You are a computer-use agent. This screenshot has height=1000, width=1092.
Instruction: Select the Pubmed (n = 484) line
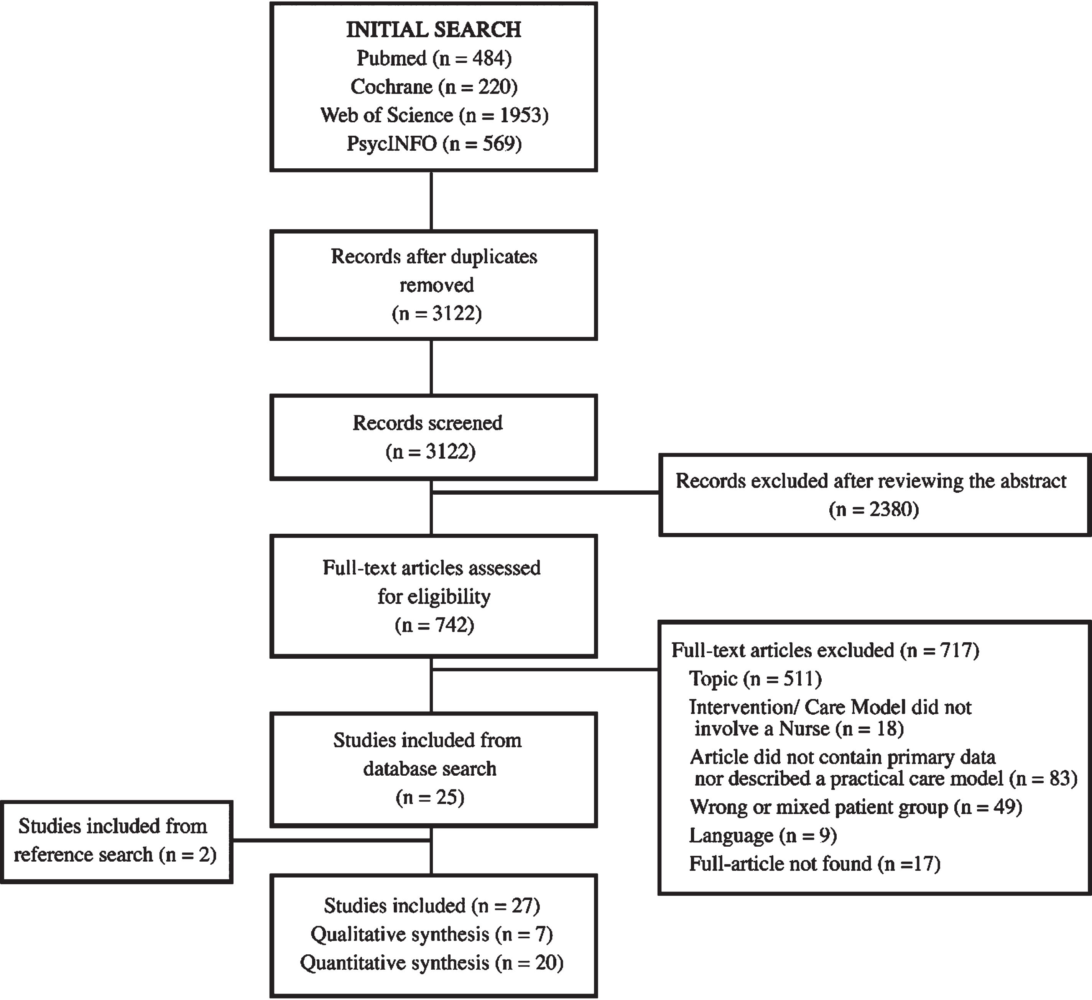point(434,58)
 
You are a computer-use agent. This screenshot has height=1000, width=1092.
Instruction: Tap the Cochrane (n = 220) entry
point(434,87)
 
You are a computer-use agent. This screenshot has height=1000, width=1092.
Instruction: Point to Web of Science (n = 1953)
point(434,115)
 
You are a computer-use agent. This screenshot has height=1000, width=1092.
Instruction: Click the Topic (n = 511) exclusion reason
point(755,679)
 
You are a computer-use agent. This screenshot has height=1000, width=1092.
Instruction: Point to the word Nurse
point(804,729)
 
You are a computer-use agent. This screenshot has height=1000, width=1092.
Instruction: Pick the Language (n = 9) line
point(763,836)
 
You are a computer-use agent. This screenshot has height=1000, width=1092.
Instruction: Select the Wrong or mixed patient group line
point(856,808)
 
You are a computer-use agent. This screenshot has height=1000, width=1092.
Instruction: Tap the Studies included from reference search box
point(117,842)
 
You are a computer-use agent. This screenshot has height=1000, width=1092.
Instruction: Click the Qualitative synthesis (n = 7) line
point(432,934)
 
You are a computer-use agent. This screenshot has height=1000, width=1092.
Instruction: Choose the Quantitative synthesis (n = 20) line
point(432,963)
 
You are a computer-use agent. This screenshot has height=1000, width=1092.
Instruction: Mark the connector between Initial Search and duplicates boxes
point(431,201)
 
